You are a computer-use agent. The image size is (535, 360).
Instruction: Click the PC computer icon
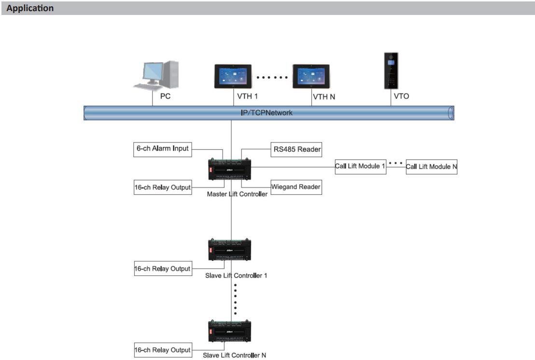tap(155, 76)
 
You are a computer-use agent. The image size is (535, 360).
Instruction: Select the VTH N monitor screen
tap(310, 76)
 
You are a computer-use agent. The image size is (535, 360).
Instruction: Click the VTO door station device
tap(390, 71)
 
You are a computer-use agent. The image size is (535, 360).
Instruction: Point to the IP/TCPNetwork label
tap(267, 113)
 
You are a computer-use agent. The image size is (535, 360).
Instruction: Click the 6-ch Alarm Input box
tap(162, 149)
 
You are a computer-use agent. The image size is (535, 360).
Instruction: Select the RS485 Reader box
tap(295, 149)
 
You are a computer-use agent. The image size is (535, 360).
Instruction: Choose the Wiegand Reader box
tap(295, 187)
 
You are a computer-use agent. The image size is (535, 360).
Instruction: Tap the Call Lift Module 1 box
tap(360, 167)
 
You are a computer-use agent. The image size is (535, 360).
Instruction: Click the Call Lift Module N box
tap(431, 167)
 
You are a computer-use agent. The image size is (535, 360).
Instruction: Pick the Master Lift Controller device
tap(229, 169)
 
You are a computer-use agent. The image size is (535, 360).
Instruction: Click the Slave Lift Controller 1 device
tap(229, 250)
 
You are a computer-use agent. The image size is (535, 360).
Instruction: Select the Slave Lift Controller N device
tap(229, 331)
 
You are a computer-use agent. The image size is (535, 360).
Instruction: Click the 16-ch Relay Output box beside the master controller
tap(162, 187)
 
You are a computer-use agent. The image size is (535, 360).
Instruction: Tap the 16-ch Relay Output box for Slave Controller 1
tap(162, 269)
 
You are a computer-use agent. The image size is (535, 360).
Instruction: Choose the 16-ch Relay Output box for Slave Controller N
tap(162, 350)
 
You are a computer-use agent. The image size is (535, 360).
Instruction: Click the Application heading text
tap(30, 8)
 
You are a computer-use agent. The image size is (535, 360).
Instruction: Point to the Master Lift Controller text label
tap(237, 194)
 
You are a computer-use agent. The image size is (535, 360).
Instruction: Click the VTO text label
tap(401, 96)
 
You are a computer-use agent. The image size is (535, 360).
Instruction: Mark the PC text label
tap(165, 96)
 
